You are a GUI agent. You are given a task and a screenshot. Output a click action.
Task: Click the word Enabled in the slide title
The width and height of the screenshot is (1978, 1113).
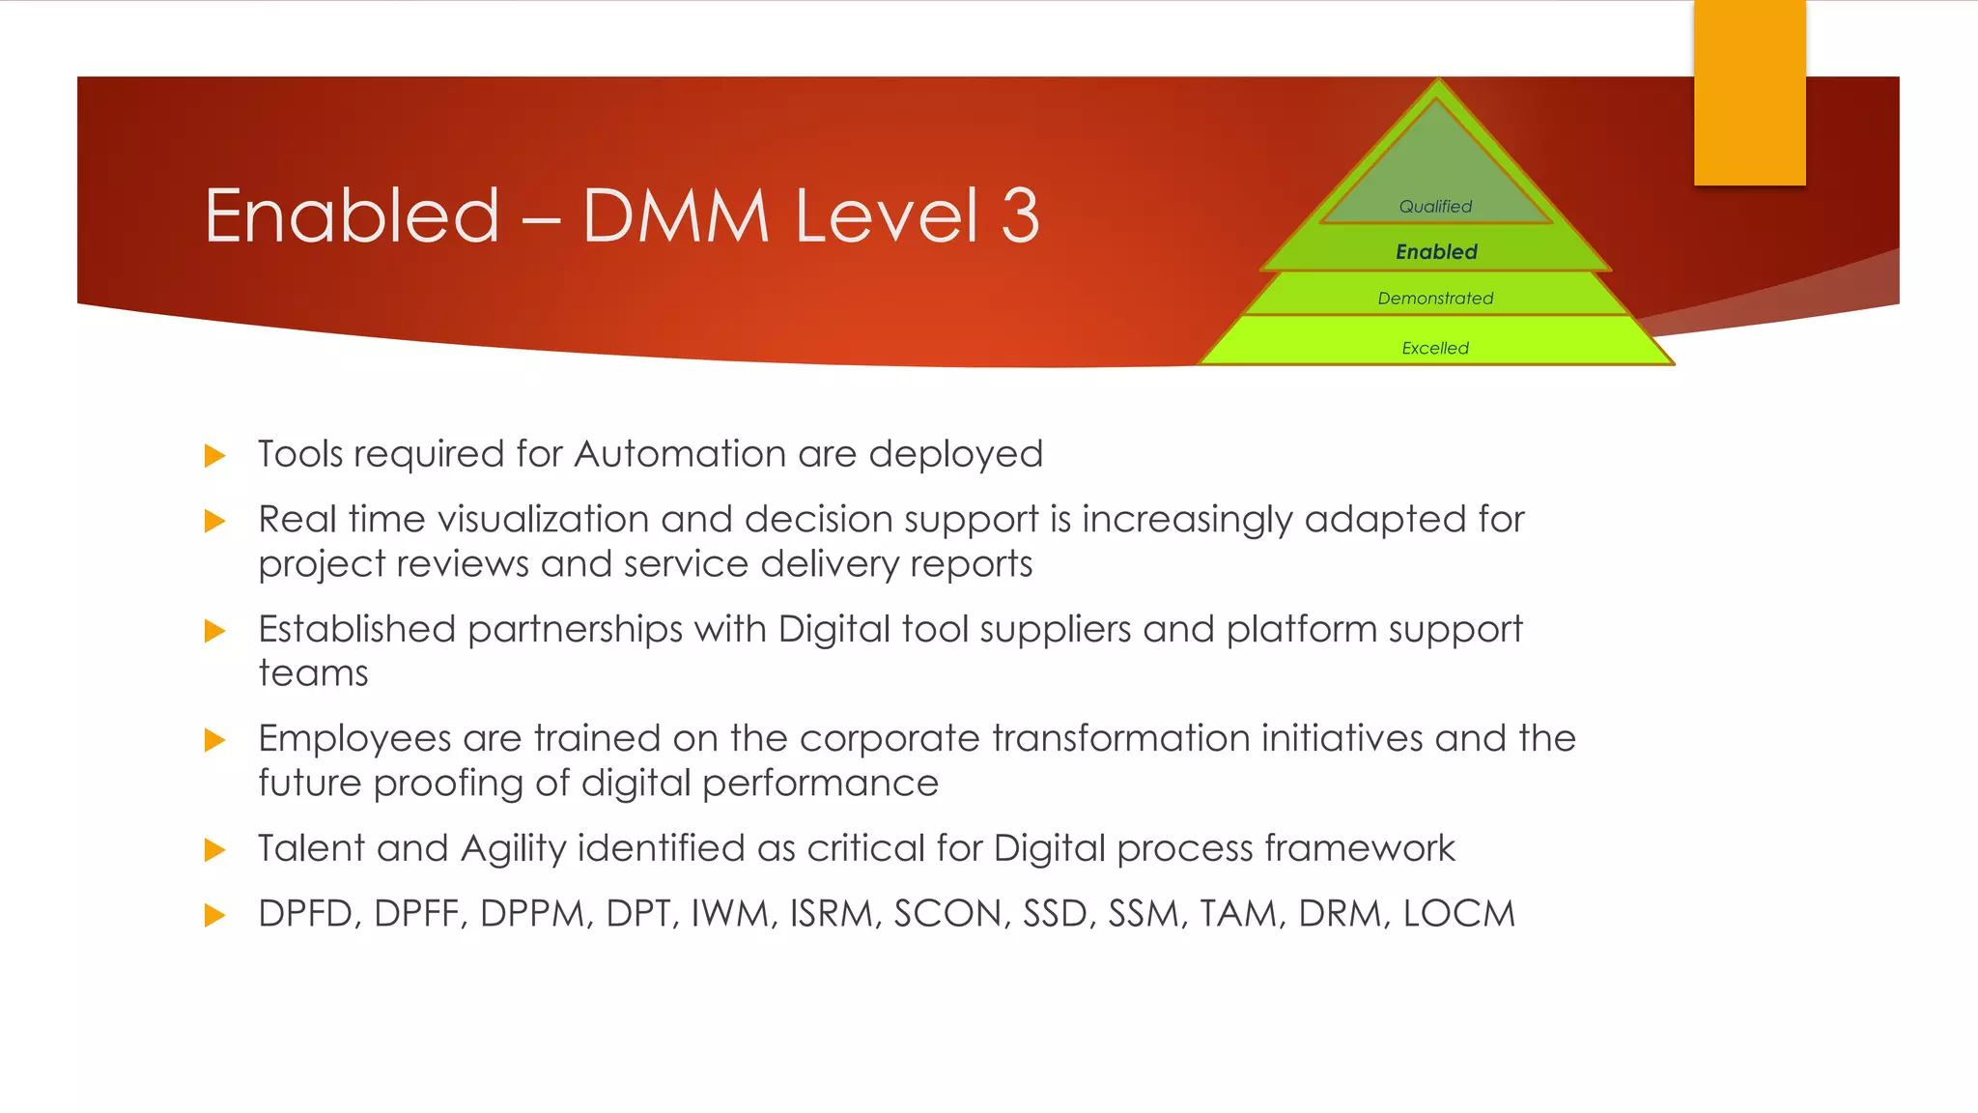point(353,215)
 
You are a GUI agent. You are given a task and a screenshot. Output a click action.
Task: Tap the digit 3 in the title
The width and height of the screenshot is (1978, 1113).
point(1020,215)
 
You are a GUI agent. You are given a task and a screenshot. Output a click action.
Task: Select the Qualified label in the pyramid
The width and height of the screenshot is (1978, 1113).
point(1435,206)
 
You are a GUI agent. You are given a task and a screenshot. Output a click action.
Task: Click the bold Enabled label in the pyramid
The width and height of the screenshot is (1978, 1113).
point(1436,252)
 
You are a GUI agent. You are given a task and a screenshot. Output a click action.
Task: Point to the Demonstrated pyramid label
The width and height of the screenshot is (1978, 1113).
point(1435,299)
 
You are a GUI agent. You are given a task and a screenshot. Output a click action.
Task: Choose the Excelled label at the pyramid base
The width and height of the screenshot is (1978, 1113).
point(1435,348)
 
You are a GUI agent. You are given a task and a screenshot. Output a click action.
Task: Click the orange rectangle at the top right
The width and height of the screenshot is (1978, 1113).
point(1749,92)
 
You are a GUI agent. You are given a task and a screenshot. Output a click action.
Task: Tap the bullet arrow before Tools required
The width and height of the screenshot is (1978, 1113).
point(214,456)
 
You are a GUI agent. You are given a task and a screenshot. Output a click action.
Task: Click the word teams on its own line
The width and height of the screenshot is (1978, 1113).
point(313,673)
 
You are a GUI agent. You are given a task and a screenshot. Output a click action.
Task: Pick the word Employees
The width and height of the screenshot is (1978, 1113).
point(354,739)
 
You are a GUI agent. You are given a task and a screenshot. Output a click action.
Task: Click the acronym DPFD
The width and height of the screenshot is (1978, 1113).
point(309,914)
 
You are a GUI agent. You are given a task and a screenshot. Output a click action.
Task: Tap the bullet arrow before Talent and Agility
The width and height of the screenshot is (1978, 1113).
point(214,850)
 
